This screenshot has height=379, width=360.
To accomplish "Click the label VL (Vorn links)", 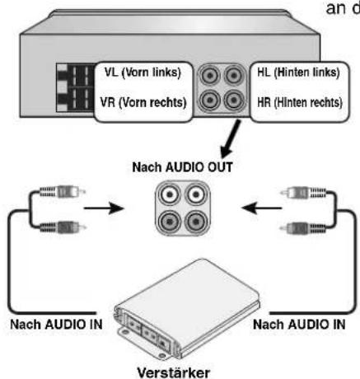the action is coord(143,73).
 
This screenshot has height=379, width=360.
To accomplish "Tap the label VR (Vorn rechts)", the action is coord(143,102).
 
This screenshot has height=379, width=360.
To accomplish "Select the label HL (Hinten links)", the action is coord(298,73).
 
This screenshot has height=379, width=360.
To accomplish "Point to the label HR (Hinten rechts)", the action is coord(300,102).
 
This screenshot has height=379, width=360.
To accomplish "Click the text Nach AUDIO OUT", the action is coord(182,167).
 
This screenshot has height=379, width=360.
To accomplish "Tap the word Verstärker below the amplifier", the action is coord(174,372).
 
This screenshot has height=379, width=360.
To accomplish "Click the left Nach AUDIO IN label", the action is coord(56,325).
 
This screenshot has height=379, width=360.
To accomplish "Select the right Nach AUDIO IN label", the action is coord(299,325).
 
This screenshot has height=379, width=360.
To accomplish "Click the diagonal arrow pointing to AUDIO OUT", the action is coord(231,138).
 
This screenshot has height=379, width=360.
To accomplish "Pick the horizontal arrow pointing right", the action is coord(104,208).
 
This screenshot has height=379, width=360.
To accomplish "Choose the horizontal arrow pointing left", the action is coord(262,208).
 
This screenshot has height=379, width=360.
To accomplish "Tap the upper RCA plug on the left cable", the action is coord(63,191).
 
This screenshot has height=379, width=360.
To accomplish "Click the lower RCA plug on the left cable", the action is coord(63,227).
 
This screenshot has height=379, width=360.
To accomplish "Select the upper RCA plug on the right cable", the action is coord(303,192).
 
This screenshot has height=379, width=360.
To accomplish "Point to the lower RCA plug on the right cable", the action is coord(303,228).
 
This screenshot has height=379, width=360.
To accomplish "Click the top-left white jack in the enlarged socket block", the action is coord(170,194).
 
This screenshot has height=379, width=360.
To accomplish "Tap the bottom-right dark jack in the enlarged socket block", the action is coord(196,222).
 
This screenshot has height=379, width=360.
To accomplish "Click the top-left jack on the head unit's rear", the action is coord(209,75).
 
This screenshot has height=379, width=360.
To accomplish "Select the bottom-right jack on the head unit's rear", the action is coord(234,101).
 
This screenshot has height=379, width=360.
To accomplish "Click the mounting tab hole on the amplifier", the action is coord(125,333).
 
